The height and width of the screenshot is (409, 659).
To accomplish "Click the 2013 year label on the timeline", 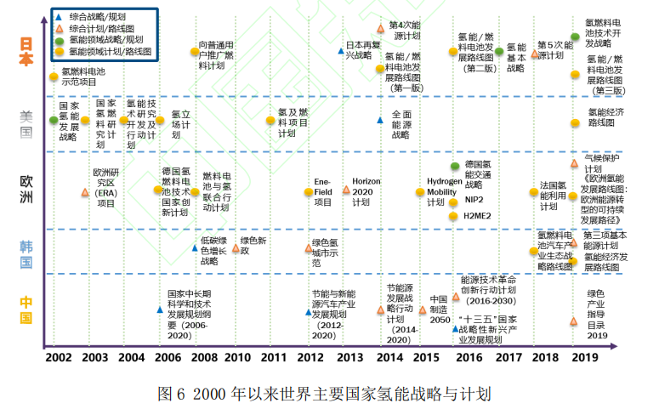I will (x=350, y=358).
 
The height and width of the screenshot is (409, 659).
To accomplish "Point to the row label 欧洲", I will (x=26, y=190).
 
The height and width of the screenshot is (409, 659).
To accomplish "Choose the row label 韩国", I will (x=26, y=253).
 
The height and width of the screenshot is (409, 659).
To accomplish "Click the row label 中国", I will (x=26, y=310).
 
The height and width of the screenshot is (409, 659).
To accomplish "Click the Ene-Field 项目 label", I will (x=322, y=191).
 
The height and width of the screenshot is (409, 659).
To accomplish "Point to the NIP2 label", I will (x=474, y=199).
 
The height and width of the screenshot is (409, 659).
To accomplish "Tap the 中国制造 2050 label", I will (x=438, y=310).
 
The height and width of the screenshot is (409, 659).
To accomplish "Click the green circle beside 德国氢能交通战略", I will (x=456, y=165).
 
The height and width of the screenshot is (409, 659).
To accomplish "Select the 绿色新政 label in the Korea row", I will (x=253, y=246).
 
